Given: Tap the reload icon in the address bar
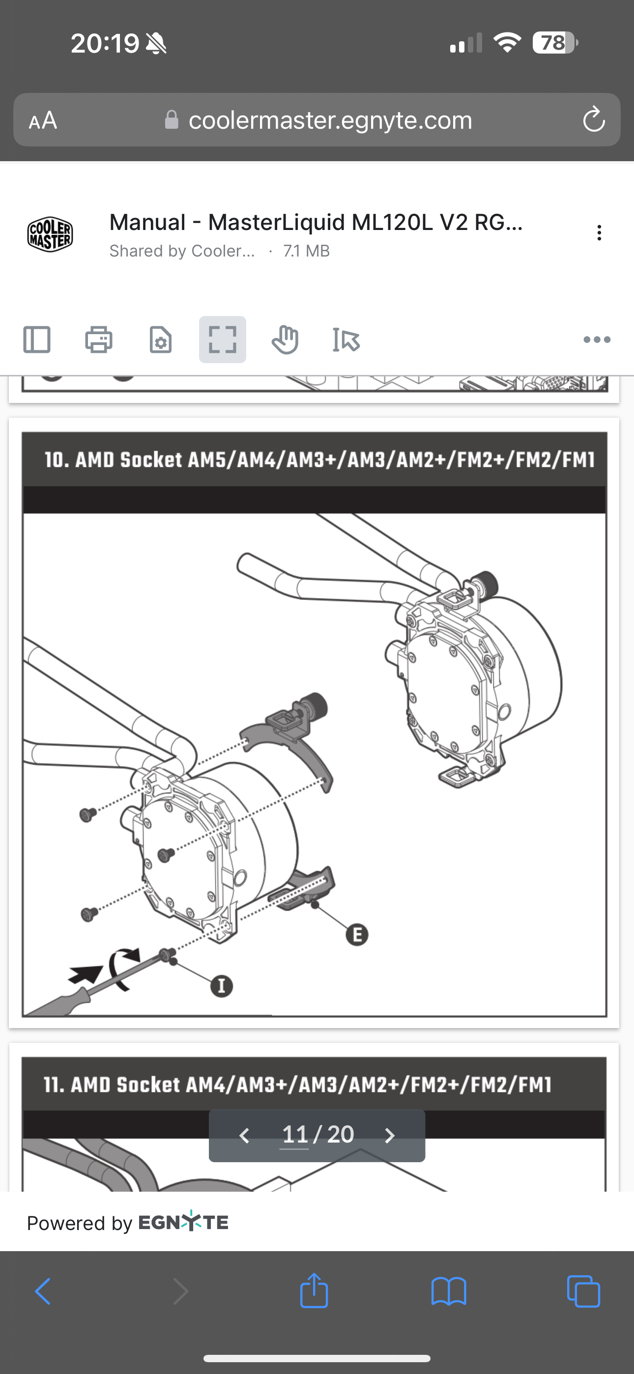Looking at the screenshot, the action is click(x=593, y=119).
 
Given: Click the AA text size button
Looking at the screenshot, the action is click(x=43, y=120).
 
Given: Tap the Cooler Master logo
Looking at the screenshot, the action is click(x=50, y=234).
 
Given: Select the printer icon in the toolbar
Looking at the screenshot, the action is click(x=99, y=339).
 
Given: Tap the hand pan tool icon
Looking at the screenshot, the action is click(x=285, y=339).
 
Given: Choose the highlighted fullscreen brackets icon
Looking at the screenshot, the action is click(x=223, y=339).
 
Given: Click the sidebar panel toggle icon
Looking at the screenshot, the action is click(x=37, y=339).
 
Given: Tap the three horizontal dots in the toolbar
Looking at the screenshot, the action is click(x=597, y=339).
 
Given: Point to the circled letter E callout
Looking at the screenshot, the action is click(x=357, y=935).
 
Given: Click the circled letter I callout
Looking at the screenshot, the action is click(x=222, y=986).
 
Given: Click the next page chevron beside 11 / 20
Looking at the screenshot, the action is click(x=390, y=1135).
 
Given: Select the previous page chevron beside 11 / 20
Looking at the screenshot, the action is click(x=244, y=1135).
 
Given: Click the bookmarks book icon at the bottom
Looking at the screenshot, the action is click(x=449, y=1291).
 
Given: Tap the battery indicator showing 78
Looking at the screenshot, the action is click(x=555, y=43).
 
